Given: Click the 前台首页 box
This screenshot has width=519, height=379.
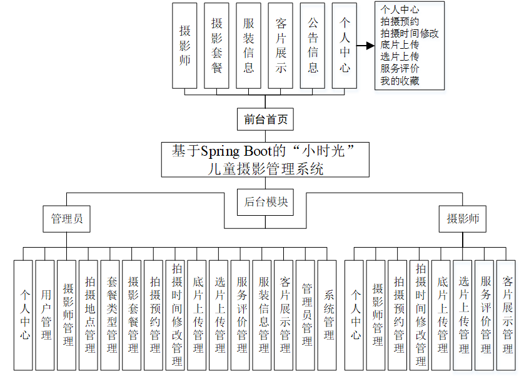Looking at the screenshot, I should tap(265, 119).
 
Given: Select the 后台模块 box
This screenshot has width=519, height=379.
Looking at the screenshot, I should tap(265, 201).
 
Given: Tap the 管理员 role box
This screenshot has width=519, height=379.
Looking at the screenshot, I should tap(66, 219).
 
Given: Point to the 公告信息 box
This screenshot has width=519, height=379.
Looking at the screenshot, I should tap(313, 45).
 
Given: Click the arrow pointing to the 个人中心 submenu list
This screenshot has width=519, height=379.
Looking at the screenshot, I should tap(365, 46).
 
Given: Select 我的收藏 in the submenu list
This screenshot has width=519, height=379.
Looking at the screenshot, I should tap(400, 81).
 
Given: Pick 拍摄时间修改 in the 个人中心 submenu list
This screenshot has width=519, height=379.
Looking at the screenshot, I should tap(410, 33).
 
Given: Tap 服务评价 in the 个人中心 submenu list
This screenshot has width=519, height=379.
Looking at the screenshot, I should tap(400, 69).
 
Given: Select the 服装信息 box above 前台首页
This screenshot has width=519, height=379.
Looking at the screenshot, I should tap(249, 45).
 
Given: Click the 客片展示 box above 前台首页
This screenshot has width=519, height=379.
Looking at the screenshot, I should tap(281, 45).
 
